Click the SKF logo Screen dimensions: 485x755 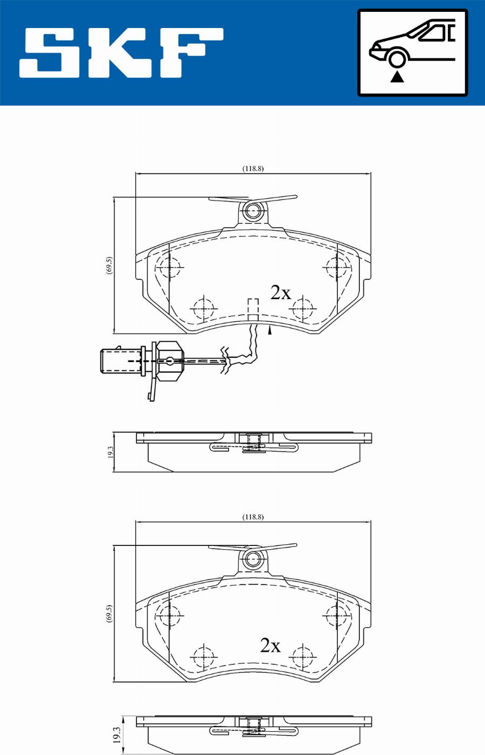pyautogui.click(x=121, y=53)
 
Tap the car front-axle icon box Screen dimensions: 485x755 pyautogui.click(x=413, y=53)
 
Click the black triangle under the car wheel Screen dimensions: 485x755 pyautogui.click(x=397, y=77)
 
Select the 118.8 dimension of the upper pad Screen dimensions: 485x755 pyautogui.click(x=253, y=169)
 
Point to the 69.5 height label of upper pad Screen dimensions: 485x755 pyautogui.click(x=109, y=265)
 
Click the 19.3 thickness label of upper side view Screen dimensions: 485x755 pyautogui.click(x=110, y=452)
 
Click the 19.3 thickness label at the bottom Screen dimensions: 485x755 pyautogui.click(x=116, y=735)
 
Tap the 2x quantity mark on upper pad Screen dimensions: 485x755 pyautogui.click(x=281, y=293)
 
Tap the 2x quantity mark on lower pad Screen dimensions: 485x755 pyautogui.click(x=271, y=646)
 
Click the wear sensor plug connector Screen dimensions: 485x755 pyautogui.click(x=122, y=361)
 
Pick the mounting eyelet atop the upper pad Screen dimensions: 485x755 pyautogui.click(x=253, y=211)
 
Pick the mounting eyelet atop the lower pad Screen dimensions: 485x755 pyautogui.click(x=253, y=559)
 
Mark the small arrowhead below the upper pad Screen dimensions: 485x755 pyautogui.click(x=269, y=331)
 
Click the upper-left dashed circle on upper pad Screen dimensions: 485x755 pyautogui.click(x=169, y=267)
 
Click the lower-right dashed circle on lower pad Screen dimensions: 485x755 pyautogui.click(x=303, y=656)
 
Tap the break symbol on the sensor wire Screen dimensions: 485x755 pyautogui.click(x=225, y=359)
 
